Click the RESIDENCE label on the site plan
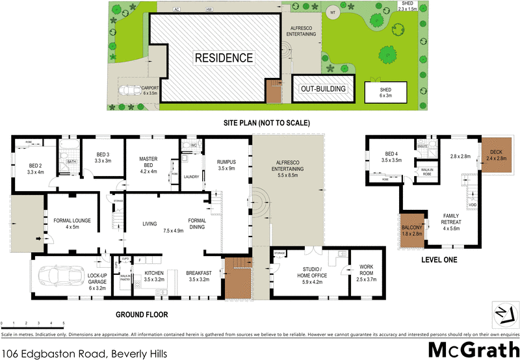click(x=224, y=58)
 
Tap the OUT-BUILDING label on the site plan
click(x=322, y=89)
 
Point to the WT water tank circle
click(x=332, y=12)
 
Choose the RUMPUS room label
click(x=227, y=161)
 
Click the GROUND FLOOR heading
click(x=142, y=315)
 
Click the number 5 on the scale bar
click(x=63, y=323)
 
